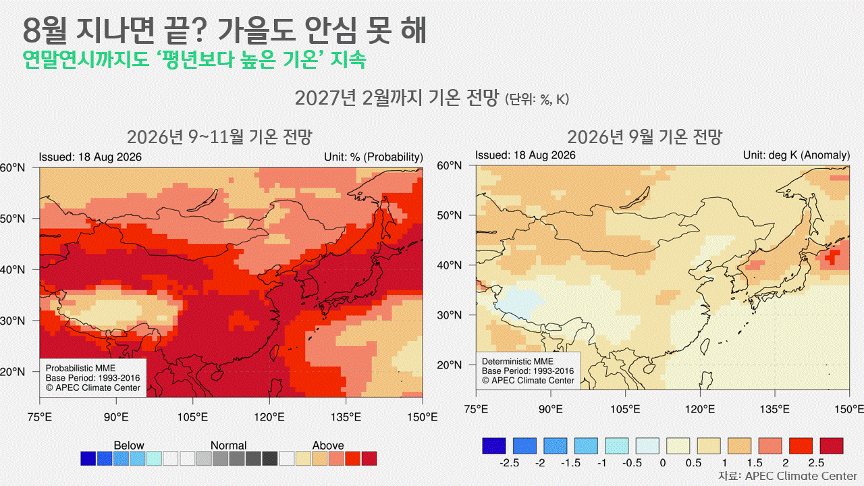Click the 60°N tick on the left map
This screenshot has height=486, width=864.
click(12, 168)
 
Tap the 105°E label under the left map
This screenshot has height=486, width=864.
click(192, 417)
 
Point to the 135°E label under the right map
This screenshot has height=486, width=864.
click(774, 409)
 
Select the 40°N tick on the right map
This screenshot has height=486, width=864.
click(450, 265)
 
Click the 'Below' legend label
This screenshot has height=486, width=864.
click(129, 446)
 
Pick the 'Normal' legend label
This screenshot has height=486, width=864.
click(228, 446)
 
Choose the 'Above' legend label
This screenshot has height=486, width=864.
click(328, 446)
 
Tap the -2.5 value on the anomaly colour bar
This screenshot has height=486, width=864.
click(509, 463)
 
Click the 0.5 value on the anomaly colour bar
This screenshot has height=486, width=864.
click(693, 463)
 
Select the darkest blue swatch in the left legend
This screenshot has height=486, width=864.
click(88, 458)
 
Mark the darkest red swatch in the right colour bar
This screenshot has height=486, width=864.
click(832, 446)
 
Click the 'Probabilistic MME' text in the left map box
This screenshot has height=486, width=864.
click(80, 369)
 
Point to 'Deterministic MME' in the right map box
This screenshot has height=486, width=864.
click(518, 361)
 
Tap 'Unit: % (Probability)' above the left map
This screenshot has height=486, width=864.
click(373, 157)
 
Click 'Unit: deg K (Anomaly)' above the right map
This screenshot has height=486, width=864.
click(796, 155)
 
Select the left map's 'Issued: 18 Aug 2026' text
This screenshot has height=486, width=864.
click(90, 157)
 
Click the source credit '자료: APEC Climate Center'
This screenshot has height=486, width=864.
click(787, 476)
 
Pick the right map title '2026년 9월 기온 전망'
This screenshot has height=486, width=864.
click(644, 137)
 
